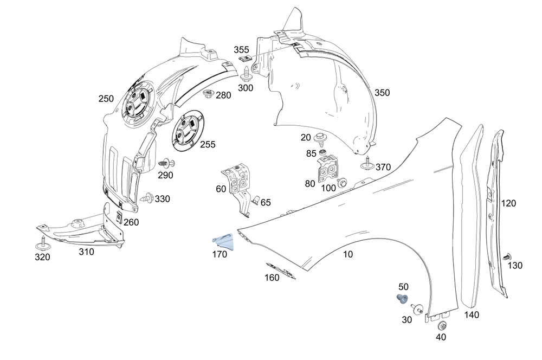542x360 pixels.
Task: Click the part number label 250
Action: (x=106, y=99)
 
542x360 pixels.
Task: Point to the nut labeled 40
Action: (x=441, y=326)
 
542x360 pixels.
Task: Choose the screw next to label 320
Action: (x=42, y=242)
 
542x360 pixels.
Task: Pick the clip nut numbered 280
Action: (x=208, y=95)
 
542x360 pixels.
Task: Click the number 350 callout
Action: (x=382, y=93)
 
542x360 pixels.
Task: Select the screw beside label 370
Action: (x=367, y=164)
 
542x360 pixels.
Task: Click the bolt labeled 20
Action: (x=321, y=138)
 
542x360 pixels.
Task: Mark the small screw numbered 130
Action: (x=507, y=257)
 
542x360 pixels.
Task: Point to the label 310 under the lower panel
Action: (x=86, y=252)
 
